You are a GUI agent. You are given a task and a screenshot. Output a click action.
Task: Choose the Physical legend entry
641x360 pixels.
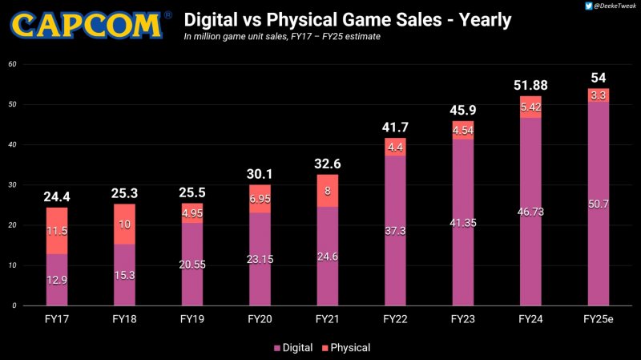[345, 348]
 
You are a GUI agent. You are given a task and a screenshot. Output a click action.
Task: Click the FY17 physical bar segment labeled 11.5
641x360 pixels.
[57, 231]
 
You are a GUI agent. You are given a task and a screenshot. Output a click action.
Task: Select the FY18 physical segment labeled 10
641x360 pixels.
[125, 224]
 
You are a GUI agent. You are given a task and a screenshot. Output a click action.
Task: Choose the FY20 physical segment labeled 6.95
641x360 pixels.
[258, 198]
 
